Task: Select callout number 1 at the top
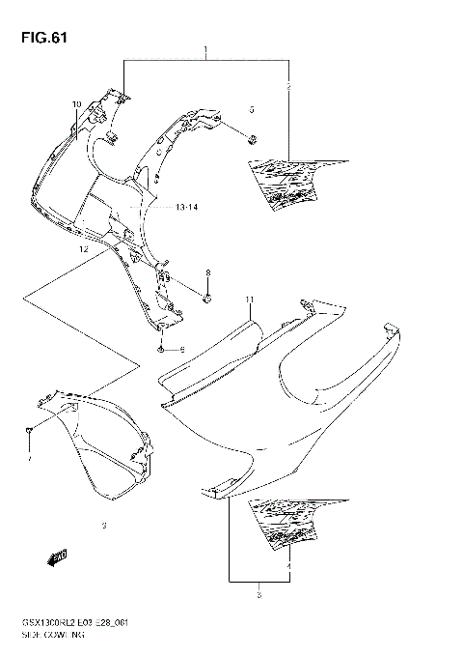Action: [205, 47]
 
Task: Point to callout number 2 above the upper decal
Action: [288, 88]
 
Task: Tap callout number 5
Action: [252, 109]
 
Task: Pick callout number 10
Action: [76, 103]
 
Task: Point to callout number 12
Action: [84, 248]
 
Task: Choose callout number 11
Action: [248, 300]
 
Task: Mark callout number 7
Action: [30, 460]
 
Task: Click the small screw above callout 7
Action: [30, 428]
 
